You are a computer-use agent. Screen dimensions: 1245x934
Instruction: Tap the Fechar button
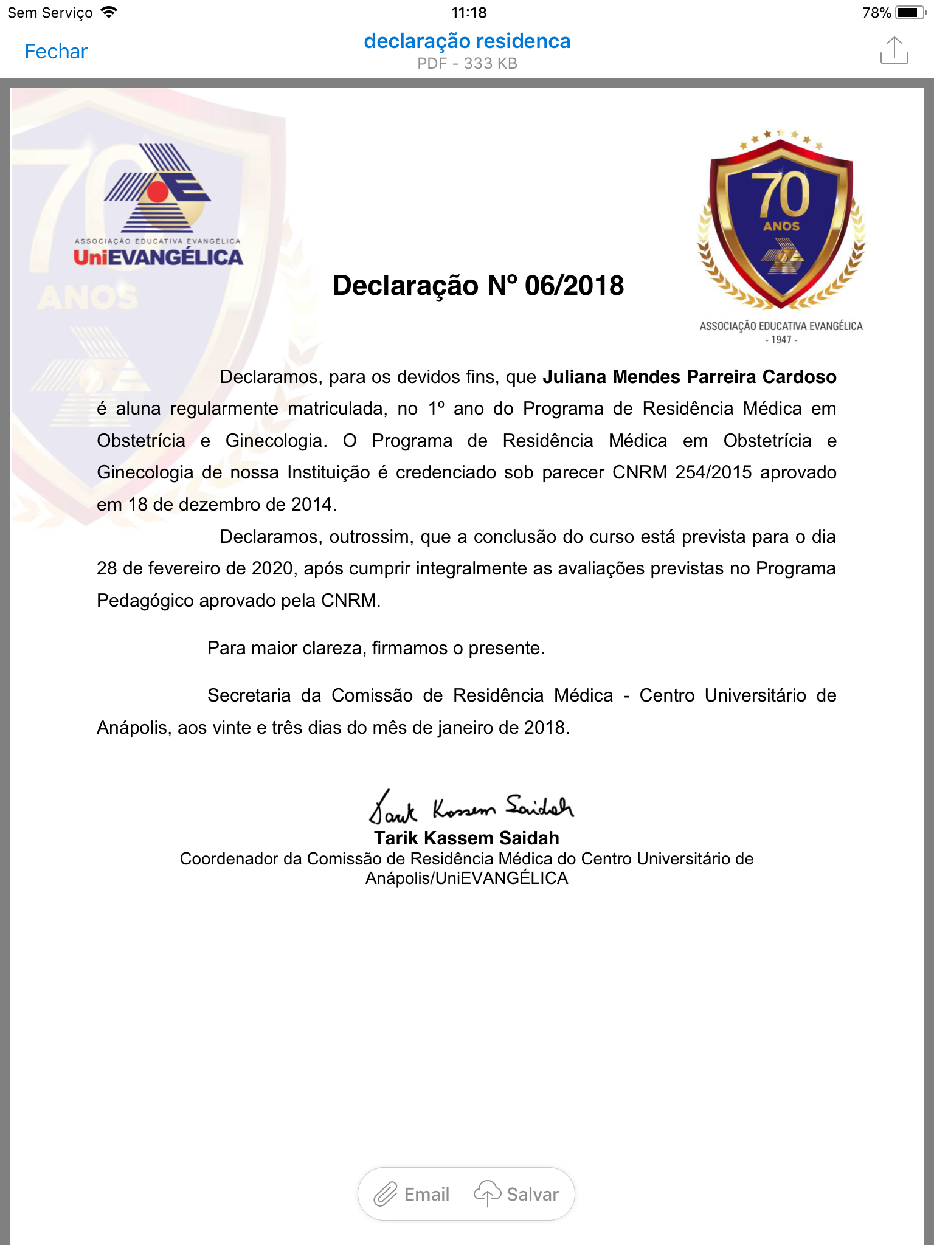coord(56,52)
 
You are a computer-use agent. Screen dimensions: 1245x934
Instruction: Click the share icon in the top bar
coord(894,50)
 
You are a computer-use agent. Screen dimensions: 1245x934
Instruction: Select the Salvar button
coord(517,1194)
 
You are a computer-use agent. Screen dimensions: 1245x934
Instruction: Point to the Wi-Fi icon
coord(109,12)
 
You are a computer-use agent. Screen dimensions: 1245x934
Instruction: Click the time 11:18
coord(469,12)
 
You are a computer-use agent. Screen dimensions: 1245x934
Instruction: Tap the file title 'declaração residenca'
coord(467,41)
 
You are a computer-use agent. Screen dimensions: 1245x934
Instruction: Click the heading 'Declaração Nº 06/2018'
coord(478,286)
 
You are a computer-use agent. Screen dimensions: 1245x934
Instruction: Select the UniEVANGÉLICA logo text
coord(158,258)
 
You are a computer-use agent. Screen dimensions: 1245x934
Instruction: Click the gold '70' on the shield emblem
coord(783,195)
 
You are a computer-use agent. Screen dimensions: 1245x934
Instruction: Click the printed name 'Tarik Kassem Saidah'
coord(466,838)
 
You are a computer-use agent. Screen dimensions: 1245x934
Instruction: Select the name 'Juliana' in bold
coord(574,377)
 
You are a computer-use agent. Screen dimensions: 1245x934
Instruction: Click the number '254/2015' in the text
coord(713,472)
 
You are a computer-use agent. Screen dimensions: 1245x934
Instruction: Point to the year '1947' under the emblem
coord(781,340)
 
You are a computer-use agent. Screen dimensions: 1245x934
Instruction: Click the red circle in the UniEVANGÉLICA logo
coord(158,191)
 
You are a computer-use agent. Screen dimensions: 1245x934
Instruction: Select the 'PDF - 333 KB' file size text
coord(467,64)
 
